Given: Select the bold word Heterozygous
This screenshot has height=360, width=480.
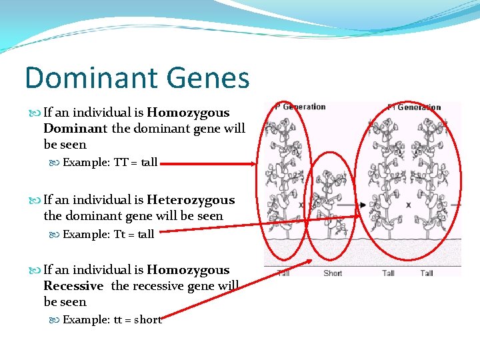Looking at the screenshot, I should pos(191,200).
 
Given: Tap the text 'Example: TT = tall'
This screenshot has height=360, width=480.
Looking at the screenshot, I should pos(110,162).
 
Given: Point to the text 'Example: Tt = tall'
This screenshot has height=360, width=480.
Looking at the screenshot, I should pos(108,234).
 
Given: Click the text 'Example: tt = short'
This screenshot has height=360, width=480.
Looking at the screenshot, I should pos(112,319).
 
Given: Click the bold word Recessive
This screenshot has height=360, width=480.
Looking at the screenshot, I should pos(73,286).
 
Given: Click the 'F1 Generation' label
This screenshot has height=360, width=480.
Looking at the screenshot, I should pos(415,107).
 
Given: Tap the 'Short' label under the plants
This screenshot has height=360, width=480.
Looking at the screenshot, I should pos(333,273).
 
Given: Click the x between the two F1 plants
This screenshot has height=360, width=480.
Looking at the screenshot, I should pos(408,205).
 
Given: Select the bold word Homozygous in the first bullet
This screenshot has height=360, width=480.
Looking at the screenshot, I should pos(187,113).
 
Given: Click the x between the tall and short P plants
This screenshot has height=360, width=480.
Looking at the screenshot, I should pos(301,205).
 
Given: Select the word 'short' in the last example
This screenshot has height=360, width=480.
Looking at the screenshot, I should pos(148,319).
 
